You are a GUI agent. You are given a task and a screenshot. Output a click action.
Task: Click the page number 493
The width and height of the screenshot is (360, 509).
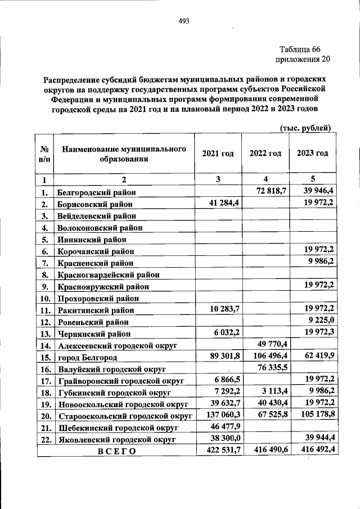183,21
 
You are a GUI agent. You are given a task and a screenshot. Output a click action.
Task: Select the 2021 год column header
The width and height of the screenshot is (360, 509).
218,154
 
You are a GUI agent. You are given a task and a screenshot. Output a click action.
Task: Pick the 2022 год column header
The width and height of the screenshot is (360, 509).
265,154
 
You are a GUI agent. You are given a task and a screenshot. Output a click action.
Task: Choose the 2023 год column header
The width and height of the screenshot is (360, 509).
312,154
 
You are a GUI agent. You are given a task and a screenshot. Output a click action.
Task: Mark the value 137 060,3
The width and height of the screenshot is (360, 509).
220,415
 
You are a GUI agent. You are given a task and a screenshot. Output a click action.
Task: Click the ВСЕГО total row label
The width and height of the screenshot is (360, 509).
116,451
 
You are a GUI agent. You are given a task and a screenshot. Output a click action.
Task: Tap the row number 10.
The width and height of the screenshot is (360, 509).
44,298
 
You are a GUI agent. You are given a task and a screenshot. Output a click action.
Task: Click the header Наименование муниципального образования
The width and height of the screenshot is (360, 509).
124,154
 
